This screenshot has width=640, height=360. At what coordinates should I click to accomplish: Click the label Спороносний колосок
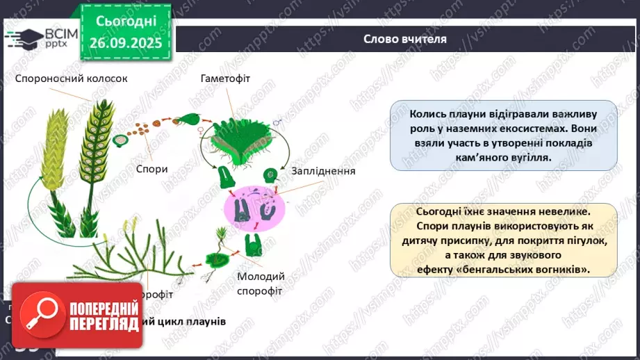pos(71,79)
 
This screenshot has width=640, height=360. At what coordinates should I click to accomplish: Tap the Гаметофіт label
pos(225,79)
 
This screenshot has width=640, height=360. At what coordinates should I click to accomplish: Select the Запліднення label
pos(325,171)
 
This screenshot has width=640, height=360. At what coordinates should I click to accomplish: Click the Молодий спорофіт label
pos(260,284)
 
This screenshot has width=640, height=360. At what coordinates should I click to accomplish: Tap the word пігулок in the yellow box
pos(580,240)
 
